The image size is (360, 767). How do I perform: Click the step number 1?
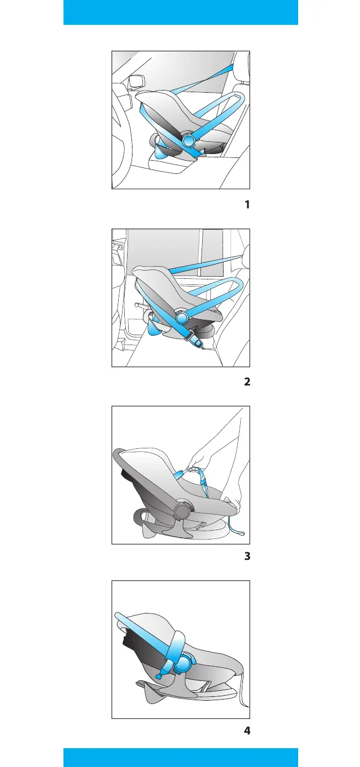pos(247,205)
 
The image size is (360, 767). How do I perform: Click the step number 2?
pos(247,382)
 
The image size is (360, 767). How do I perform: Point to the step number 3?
pos(247,557)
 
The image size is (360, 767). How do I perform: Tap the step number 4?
pos(247,731)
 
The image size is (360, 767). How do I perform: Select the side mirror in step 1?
pos(136,81)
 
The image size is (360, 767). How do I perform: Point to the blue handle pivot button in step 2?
pos(182,318)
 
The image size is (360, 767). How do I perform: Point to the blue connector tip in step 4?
pos(159,675)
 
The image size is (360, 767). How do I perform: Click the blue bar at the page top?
pos(181,12)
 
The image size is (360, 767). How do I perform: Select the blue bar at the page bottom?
pos(181,757)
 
